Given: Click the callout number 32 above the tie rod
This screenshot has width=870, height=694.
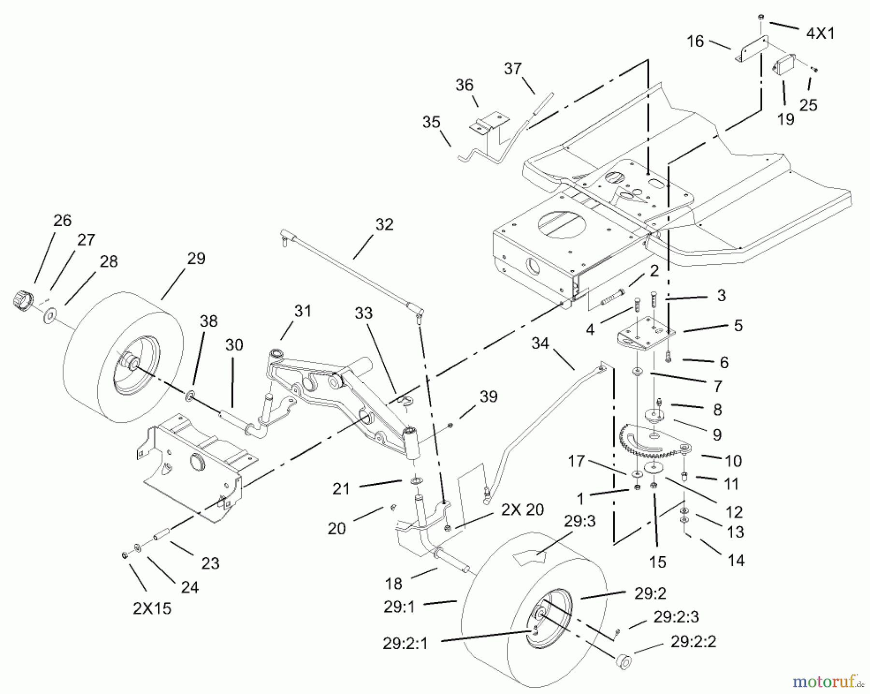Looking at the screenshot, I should [x=384, y=225].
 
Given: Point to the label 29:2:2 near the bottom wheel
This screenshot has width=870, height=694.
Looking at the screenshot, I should [x=693, y=642].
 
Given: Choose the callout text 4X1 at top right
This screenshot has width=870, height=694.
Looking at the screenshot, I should [x=820, y=33].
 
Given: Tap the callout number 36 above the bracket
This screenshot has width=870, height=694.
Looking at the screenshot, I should [x=464, y=86].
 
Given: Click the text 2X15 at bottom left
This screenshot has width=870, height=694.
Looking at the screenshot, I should [x=152, y=608].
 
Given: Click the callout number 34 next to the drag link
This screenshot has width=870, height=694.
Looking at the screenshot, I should [x=540, y=344].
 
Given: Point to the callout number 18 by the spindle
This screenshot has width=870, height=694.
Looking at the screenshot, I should [x=394, y=584].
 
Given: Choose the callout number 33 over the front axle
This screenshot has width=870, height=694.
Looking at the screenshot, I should [x=363, y=313].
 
